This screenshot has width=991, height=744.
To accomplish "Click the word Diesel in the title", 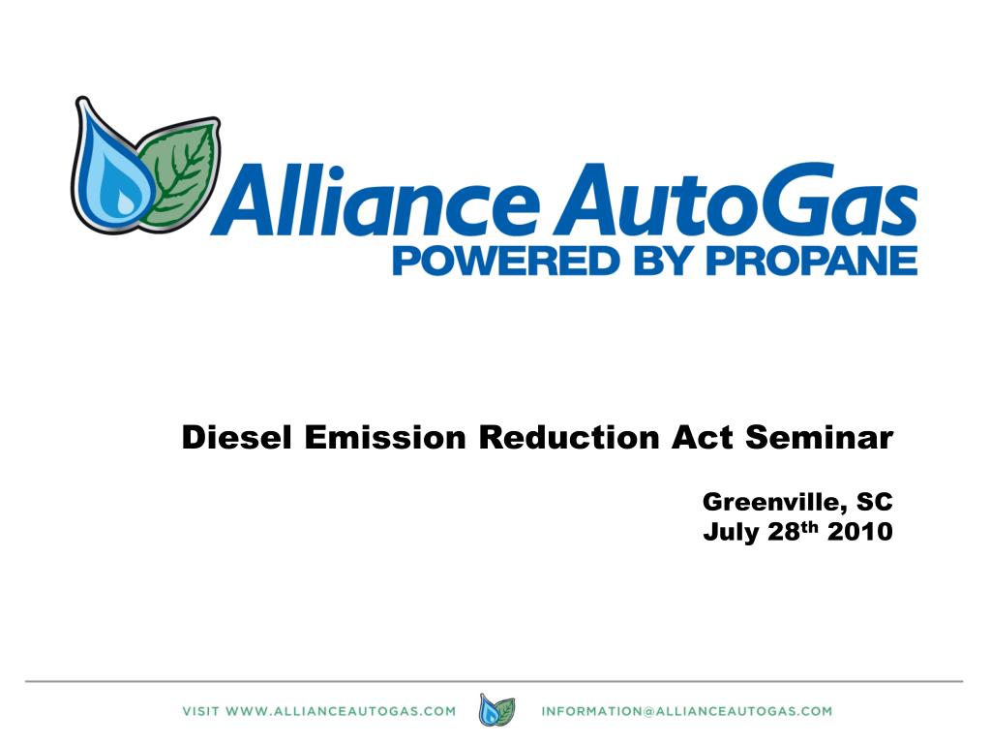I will pyautogui.click(x=238, y=439).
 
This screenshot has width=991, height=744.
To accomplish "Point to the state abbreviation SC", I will pyautogui.click(x=875, y=502).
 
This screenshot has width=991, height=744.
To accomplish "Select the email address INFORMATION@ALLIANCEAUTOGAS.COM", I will pyautogui.click(x=686, y=711).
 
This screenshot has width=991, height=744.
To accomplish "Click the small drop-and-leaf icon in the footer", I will pyautogui.click(x=497, y=711).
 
